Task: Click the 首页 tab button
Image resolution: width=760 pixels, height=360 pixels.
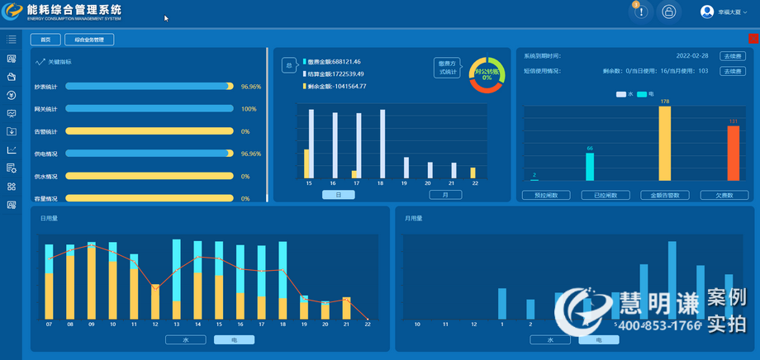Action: tap(45, 39)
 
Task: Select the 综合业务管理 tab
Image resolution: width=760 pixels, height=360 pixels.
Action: tap(89, 39)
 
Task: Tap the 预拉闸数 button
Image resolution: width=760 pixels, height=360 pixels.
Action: tap(546, 196)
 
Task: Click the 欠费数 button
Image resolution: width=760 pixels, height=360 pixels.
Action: tap(724, 196)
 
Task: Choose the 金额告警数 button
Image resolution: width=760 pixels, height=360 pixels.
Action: tap(665, 196)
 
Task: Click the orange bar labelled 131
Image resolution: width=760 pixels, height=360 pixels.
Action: tap(733, 153)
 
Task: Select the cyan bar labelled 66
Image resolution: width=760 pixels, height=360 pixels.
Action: tap(590, 166)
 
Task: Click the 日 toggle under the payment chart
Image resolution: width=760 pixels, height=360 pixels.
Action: tap(339, 195)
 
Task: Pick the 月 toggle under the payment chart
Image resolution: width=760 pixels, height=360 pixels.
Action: tap(445, 195)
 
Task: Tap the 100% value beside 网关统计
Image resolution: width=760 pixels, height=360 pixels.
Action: tap(249, 109)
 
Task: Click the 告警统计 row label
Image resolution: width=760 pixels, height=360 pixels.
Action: tap(45, 131)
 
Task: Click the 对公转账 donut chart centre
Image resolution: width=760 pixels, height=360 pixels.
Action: tap(487, 74)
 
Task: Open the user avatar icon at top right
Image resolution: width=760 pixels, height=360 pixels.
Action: tap(707, 12)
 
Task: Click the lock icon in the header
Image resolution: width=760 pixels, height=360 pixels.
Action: tap(669, 12)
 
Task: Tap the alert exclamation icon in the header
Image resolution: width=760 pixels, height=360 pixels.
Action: tap(642, 12)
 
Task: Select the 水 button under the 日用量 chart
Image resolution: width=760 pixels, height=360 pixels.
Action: tap(185, 339)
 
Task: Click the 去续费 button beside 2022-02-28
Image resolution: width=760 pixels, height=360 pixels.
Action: tap(733, 55)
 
